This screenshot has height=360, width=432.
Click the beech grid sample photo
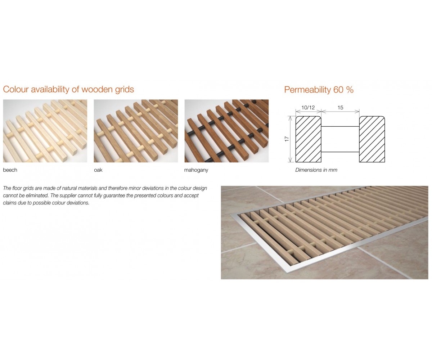click(x=45, y=131)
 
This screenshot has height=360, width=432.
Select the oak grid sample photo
click(x=136, y=131)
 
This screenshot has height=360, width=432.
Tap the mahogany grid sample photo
click(x=226, y=131)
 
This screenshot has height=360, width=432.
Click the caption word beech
click(x=10, y=170)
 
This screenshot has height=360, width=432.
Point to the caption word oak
click(x=98, y=170)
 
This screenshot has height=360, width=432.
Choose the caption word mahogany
click(x=196, y=170)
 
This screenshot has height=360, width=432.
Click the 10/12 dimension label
click(x=308, y=108)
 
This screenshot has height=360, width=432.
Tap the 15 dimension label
click(x=340, y=108)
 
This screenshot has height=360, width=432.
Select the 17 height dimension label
click(x=287, y=139)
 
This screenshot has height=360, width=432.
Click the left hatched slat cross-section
click(x=308, y=139)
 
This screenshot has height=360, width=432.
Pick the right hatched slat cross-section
click(x=372, y=139)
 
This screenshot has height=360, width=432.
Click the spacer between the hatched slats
click(x=340, y=139)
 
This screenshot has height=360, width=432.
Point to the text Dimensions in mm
click(x=316, y=170)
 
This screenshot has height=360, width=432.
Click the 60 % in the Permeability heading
click(x=343, y=90)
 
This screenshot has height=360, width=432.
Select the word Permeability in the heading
click(x=307, y=90)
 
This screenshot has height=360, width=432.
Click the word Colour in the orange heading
click(x=15, y=89)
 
